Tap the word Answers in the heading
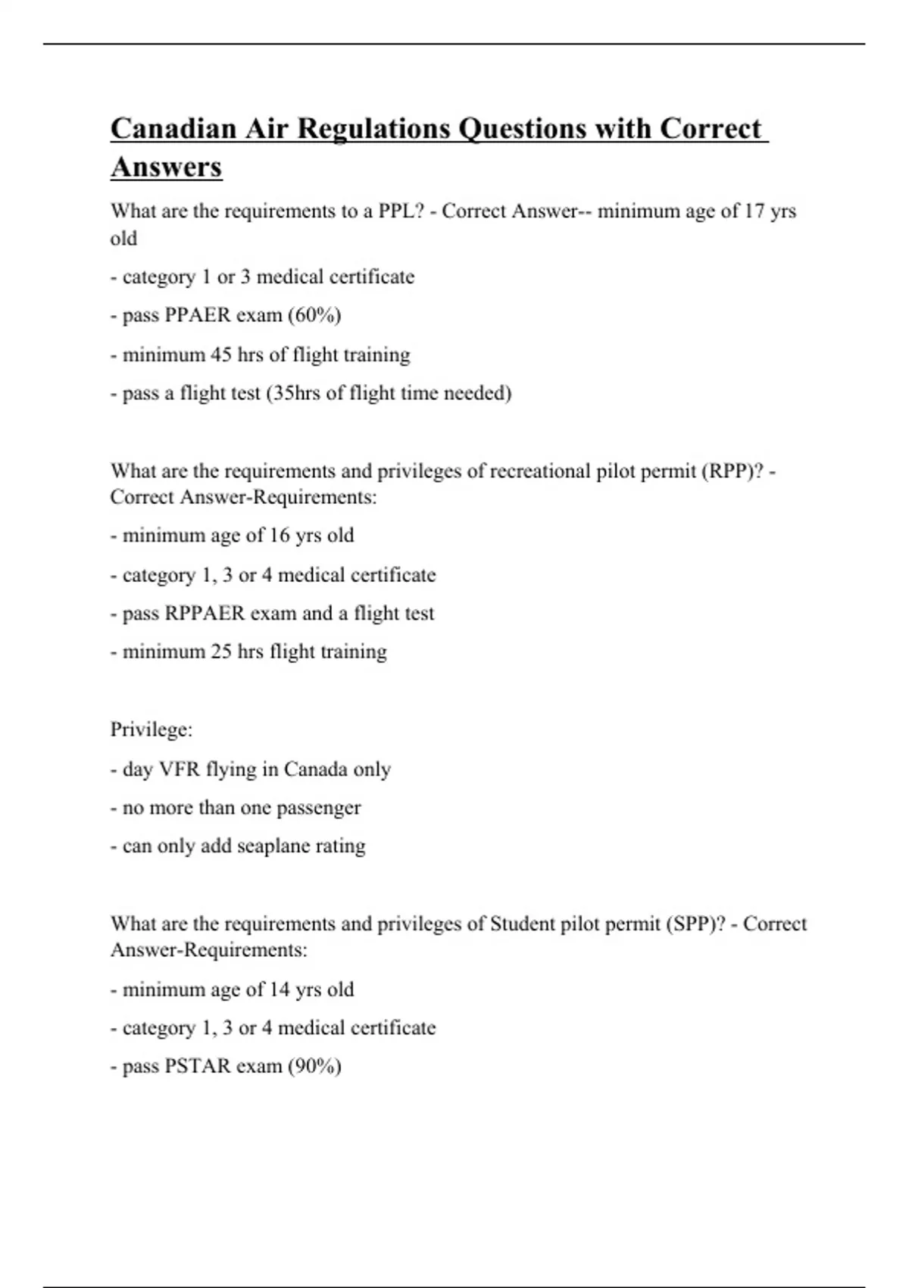166,167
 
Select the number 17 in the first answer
754,211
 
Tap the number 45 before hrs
221,355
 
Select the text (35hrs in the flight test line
293,393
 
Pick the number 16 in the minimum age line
280,536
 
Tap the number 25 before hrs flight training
221,652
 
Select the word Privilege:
151,730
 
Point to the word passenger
318,808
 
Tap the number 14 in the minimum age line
280,989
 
